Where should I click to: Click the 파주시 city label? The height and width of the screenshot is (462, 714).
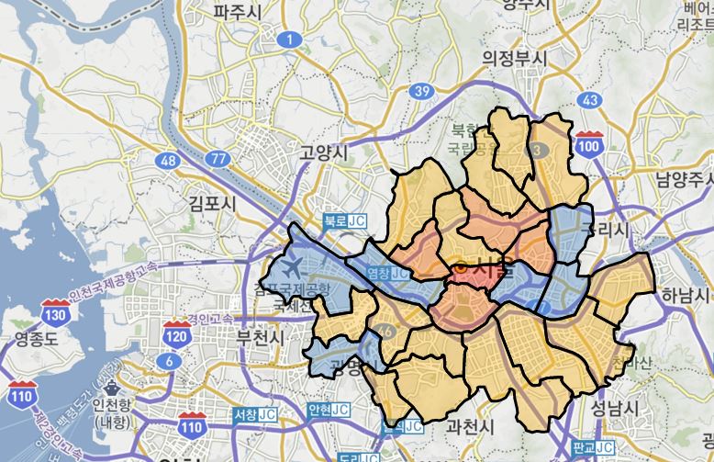coord(238,12)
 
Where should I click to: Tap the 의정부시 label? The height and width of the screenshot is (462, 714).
coord(515,58)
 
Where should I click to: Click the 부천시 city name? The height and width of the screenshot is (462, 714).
coord(262,337)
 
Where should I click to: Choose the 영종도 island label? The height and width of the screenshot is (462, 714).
coord(38,340)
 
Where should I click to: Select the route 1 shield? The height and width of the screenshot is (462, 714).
coord(290,39)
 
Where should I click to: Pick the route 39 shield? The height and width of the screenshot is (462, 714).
coord(422,91)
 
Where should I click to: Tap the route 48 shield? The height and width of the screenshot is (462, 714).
coord(168,161)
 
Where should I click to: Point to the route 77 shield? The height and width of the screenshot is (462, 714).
coord(218,159)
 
